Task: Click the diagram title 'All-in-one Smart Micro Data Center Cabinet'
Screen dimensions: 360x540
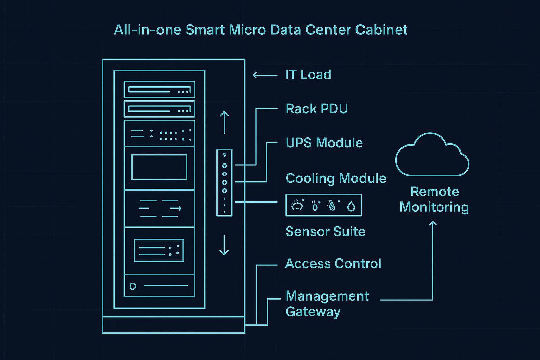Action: pos(261,30)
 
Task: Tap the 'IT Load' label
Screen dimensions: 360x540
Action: pos(308,75)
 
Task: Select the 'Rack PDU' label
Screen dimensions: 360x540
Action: pos(316,109)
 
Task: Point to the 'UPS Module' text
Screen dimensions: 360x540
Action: pos(324,143)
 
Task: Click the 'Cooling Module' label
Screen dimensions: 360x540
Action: pos(336,178)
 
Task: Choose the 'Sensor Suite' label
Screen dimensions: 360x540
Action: pos(325,231)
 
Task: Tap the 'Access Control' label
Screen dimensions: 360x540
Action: pos(333,264)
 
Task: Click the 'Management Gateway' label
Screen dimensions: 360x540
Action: pos(327,304)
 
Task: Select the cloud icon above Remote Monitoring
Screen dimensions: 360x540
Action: pos(432,156)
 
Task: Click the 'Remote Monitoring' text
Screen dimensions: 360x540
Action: pos(434,199)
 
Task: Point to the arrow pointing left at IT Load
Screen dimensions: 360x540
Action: pos(265,75)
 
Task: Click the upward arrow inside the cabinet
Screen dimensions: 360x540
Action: pos(224,122)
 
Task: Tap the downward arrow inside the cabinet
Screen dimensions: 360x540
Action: pos(224,245)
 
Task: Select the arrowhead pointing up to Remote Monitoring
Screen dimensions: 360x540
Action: pos(433,224)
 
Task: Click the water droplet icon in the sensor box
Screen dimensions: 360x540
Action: pos(351,206)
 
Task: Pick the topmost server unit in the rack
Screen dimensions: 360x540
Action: pos(159,89)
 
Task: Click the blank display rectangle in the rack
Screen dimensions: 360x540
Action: pos(159,167)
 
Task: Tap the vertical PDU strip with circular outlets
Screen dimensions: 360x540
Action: pos(224,182)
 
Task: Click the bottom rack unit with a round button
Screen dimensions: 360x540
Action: pos(159,286)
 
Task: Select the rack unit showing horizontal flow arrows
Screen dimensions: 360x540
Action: pos(159,208)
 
